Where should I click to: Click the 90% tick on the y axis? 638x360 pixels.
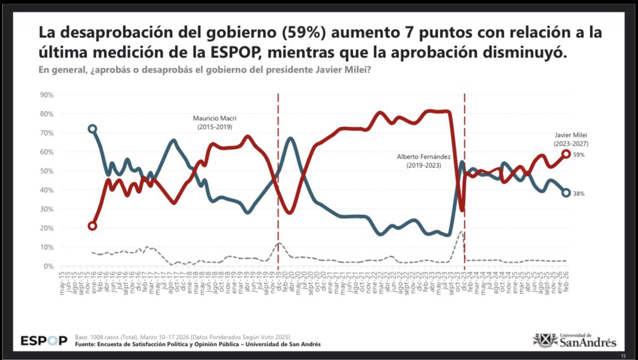pyautogui.click(x=47, y=95)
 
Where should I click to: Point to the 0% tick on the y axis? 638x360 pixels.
pyautogui.click(x=49, y=266)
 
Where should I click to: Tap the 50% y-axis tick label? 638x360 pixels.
pyautogui.click(x=47, y=171)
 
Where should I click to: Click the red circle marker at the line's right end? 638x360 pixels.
pyautogui.click(x=566, y=154)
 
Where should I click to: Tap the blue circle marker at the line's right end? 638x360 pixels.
pyautogui.click(x=566, y=193)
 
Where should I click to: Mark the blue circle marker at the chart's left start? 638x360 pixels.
pyautogui.click(x=93, y=129)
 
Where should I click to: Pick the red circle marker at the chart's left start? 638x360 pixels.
pyautogui.click(x=93, y=226)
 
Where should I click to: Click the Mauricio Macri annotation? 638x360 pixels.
pyautogui.click(x=215, y=122)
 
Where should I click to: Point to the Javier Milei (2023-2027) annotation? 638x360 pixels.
pyautogui.click(x=571, y=140)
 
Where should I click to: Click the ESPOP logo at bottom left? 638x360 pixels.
pyautogui.click(x=44, y=341)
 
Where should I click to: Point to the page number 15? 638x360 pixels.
pyautogui.click(x=623, y=356)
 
